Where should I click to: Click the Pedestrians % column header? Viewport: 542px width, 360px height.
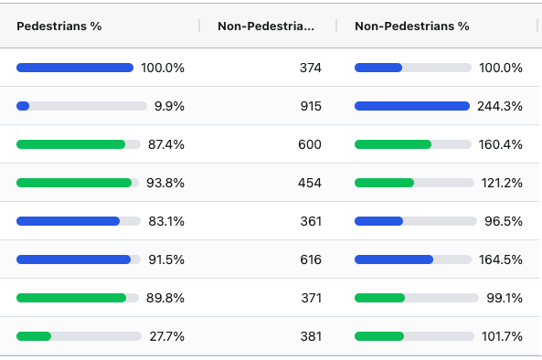pyautogui.click(x=58, y=26)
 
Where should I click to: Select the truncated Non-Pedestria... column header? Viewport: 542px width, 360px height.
pyautogui.click(x=266, y=26)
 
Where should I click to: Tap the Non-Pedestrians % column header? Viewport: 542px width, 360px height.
pyautogui.click(x=411, y=26)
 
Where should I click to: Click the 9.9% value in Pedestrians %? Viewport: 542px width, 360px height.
pyautogui.click(x=169, y=106)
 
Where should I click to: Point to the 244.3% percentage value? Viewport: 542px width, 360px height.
pyautogui.click(x=500, y=106)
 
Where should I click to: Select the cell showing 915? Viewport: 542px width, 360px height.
pyautogui.click(x=310, y=106)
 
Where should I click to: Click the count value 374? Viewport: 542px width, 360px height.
pyautogui.click(x=310, y=68)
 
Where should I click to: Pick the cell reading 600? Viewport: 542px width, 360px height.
pyautogui.click(x=310, y=144)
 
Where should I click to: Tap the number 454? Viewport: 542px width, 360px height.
pyautogui.click(x=310, y=183)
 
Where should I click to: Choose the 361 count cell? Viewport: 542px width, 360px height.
pyautogui.click(x=310, y=221)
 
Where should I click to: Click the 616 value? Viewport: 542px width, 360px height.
pyautogui.click(x=310, y=259)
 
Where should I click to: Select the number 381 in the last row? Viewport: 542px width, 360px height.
pyautogui.click(x=310, y=336)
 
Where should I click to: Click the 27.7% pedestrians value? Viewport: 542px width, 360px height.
pyautogui.click(x=167, y=336)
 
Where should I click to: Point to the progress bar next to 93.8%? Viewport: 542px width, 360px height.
pyautogui.click(x=78, y=183)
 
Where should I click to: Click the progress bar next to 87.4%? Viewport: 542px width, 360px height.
pyautogui.click(x=78, y=144)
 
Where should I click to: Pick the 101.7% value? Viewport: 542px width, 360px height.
pyautogui.click(x=502, y=336)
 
